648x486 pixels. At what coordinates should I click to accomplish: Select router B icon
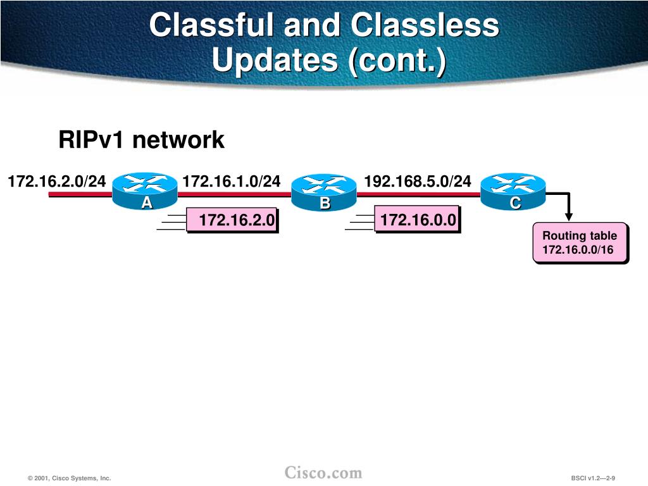click(x=325, y=193)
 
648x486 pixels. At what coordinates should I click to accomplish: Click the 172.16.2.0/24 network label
click(x=57, y=182)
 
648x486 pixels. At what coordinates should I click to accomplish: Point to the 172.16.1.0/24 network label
click(x=231, y=182)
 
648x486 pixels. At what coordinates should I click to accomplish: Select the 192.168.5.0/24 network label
click(x=418, y=182)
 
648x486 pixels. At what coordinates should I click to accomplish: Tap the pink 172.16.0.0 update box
click(x=418, y=220)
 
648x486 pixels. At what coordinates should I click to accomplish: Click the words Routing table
click(x=580, y=236)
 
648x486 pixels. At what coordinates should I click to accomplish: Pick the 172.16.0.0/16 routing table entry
click(x=578, y=250)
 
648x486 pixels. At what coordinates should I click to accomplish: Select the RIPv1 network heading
click(x=141, y=140)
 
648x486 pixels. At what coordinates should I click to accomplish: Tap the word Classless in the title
click(x=425, y=26)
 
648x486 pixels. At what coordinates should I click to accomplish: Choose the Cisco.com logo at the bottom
click(x=323, y=473)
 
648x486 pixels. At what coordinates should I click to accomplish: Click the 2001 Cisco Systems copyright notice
click(x=70, y=478)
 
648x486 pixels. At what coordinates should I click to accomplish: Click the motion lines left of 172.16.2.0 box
click(x=171, y=221)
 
